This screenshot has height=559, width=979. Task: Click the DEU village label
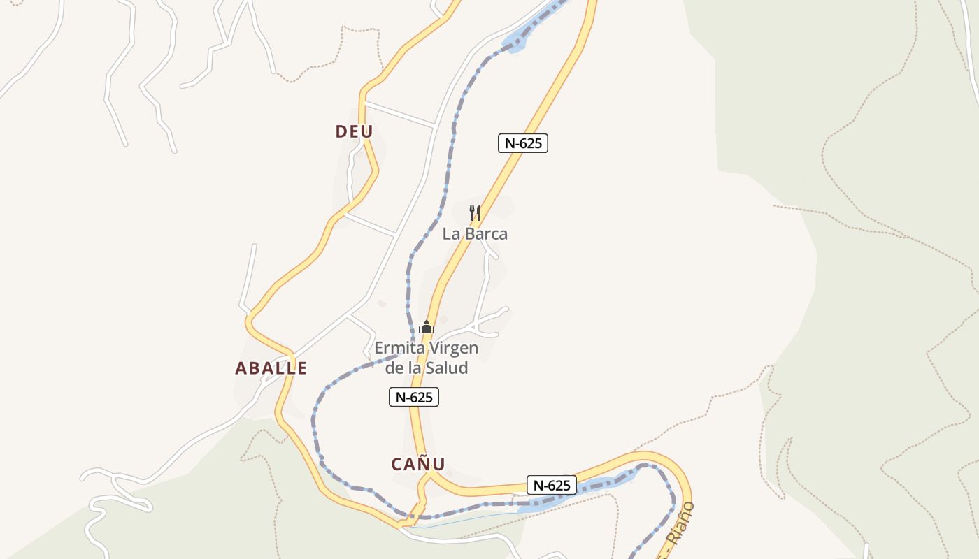click(x=355, y=131)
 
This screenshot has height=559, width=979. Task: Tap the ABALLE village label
click(x=271, y=368)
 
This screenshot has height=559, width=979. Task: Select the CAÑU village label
click(x=418, y=464)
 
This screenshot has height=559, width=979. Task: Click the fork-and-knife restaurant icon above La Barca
click(x=474, y=212)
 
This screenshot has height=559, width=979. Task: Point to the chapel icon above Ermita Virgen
click(x=427, y=327)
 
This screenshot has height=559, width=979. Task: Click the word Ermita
click(x=396, y=348)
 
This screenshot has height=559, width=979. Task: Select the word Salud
click(x=447, y=368)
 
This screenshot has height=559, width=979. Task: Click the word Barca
click(x=485, y=234)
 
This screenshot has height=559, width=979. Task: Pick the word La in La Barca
click(x=450, y=234)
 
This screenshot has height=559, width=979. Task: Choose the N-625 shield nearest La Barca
click(x=523, y=143)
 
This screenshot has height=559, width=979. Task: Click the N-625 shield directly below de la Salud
click(x=414, y=397)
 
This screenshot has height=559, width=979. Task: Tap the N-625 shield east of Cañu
click(x=552, y=485)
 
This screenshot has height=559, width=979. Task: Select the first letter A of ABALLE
click(x=241, y=368)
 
